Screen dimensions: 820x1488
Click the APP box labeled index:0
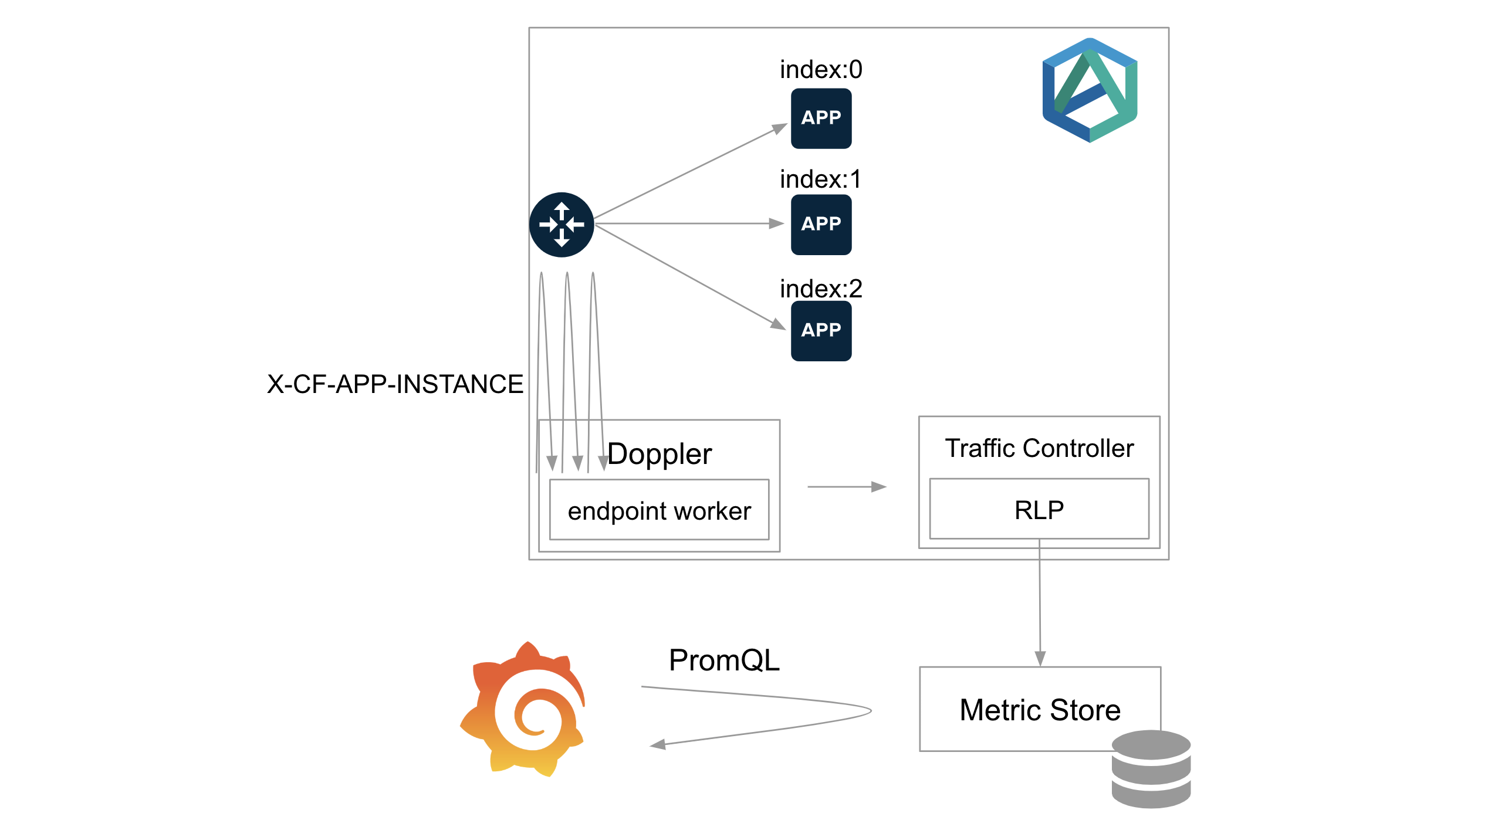pyautogui.click(x=821, y=118)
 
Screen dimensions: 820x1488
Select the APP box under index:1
pyautogui.click(x=821, y=225)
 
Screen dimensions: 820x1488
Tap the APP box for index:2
pyautogui.click(x=821, y=331)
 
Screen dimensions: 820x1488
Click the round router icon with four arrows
pyautogui.click(x=562, y=225)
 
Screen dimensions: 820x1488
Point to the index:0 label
pyautogui.click(x=821, y=70)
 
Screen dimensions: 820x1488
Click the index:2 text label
pyautogui.click(x=821, y=289)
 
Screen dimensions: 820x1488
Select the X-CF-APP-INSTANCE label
pyautogui.click(x=395, y=385)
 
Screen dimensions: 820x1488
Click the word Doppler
pyautogui.click(x=660, y=455)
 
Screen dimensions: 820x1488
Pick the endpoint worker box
pyautogui.click(x=659, y=510)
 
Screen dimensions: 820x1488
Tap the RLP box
pyautogui.click(x=1039, y=509)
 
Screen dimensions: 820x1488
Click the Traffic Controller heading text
pyautogui.click(x=1039, y=449)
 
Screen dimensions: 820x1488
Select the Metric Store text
pyautogui.click(x=1040, y=710)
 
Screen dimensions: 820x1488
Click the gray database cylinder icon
pyautogui.click(x=1151, y=769)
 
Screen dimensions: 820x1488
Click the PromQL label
pyautogui.click(x=724, y=660)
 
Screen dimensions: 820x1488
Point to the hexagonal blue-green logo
pyautogui.click(x=1090, y=90)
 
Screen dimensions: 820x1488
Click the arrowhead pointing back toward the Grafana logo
pyautogui.click(x=658, y=745)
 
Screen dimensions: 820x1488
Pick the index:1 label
pyautogui.click(x=821, y=179)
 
